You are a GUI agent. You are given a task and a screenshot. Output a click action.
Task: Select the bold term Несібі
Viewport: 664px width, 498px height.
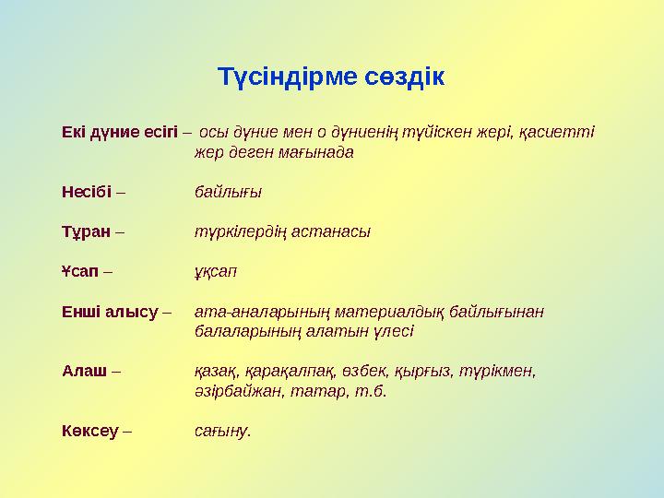tap(86, 192)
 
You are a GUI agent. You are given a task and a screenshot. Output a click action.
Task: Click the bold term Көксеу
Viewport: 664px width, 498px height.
tap(89, 430)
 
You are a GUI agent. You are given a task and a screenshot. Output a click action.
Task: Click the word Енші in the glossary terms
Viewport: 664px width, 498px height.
tap(80, 312)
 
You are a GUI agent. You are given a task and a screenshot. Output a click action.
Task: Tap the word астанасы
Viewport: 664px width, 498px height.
tap(331, 232)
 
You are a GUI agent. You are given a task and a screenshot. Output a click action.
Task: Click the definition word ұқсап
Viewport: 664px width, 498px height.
tap(216, 273)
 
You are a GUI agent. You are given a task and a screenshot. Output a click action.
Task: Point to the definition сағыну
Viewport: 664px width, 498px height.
tap(222, 431)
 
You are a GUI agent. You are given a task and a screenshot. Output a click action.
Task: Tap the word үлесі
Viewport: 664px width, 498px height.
tap(392, 331)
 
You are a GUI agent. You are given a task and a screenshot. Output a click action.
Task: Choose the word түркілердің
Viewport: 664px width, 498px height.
tap(242, 232)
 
